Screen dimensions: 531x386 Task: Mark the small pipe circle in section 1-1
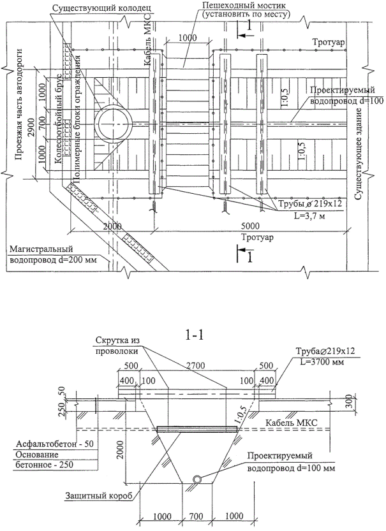[x=198, y=479]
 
